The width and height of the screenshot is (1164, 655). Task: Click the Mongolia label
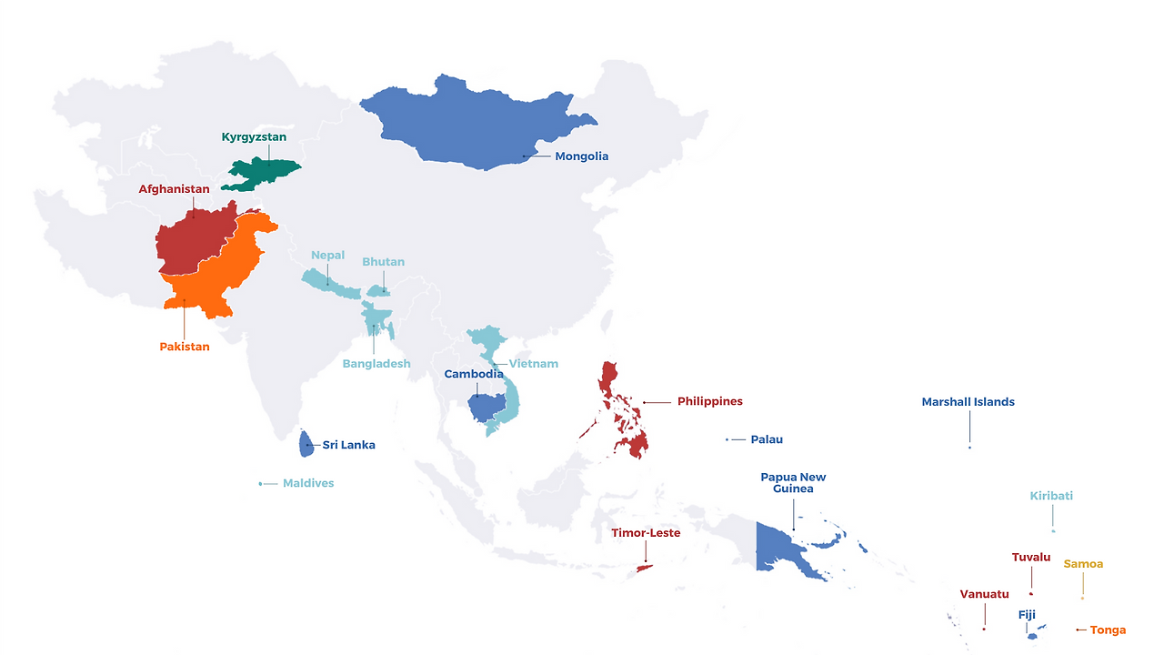click(581, 156)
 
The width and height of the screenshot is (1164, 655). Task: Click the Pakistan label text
click(184, 347)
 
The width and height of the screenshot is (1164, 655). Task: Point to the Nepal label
click(327, 256)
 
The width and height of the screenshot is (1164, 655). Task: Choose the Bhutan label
click(383, 262)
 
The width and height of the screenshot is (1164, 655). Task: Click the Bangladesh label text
click(376, 364)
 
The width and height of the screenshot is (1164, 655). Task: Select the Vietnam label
click(533, 364)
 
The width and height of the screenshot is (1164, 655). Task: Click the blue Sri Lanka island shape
click(306, 444)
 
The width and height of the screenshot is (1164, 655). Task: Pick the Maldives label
click(308, 483)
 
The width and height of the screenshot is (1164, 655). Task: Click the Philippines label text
click(709, 401)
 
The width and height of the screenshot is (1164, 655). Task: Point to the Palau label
click(767, 439)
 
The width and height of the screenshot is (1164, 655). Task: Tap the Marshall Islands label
click(968, 402)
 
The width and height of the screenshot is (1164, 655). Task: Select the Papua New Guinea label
click(793, 482)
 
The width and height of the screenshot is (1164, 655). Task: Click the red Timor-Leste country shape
click(644, 568)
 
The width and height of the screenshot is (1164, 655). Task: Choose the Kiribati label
click(1051, 496)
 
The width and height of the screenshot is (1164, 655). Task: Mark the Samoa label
click(1083, 564)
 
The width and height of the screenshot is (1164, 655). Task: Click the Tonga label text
click(1108, 630)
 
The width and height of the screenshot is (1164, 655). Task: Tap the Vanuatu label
click(984, 594)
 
